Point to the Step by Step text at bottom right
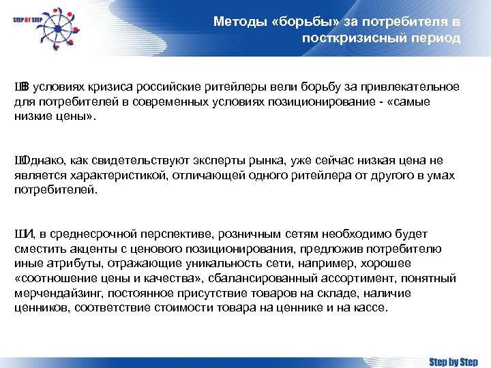[x=453, y=361]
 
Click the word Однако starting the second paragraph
[x=40, y=160]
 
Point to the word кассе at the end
[x=370, y=307]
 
